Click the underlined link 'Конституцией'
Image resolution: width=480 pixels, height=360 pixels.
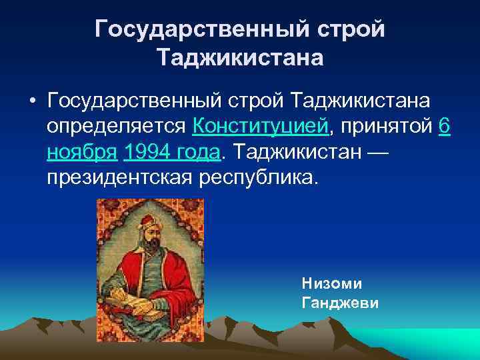259,127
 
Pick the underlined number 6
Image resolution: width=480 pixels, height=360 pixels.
445,127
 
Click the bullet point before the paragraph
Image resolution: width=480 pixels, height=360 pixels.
31,101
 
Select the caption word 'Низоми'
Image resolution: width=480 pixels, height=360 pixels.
332,283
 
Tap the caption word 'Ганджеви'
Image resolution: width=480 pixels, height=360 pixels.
340,303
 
